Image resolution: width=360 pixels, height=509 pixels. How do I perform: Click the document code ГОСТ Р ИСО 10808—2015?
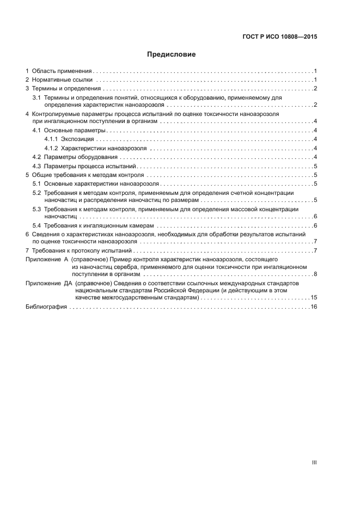coord(279,38)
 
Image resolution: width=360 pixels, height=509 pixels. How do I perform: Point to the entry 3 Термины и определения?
coord(64,89)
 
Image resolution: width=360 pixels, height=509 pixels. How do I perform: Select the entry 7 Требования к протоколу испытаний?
coord(80,250)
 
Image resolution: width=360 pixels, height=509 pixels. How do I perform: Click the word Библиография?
coord(46,307)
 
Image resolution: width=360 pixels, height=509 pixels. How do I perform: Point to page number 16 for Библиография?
coord(314,307)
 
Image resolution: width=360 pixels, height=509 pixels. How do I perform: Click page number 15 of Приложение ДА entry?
coord(314,297)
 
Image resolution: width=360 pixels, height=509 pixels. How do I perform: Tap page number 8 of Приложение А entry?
coord(315,274)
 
